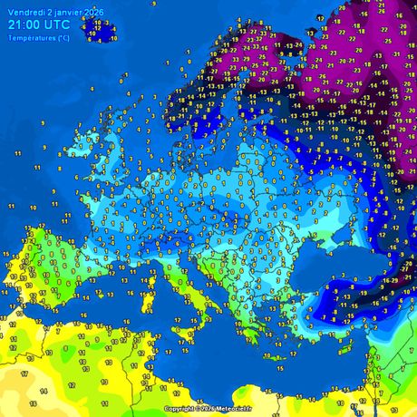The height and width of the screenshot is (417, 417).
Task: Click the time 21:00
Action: (24, 24)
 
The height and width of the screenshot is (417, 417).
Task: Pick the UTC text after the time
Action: (57, 24)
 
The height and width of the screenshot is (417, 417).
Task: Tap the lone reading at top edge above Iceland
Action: (153, 4)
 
